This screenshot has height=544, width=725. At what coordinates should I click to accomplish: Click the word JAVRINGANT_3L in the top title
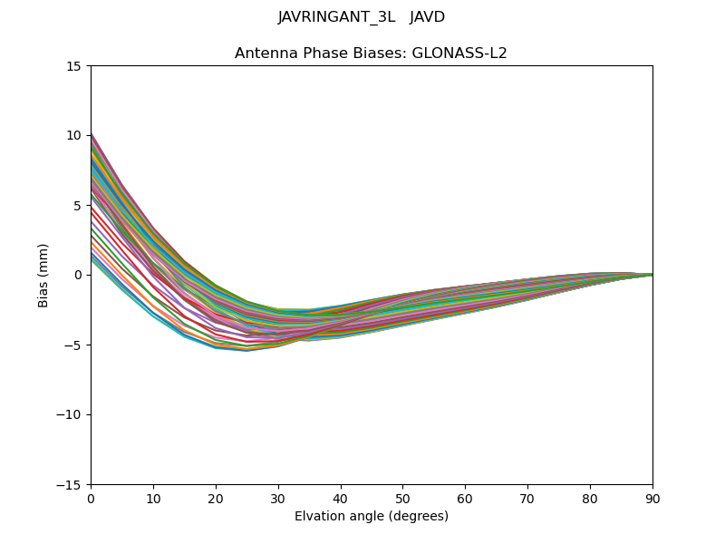pyautogui.click(x=336, y=17)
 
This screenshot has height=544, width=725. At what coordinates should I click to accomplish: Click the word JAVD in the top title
pyautogui.click(x=428, y=17)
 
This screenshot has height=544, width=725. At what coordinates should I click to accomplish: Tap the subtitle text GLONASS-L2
pyautogui.click(x=459, y=53)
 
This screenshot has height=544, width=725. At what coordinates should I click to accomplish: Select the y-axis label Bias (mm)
pyautogui.click(x=43, y=275)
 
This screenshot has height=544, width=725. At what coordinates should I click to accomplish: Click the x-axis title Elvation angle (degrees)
pyautogui.click(x=372, y=517)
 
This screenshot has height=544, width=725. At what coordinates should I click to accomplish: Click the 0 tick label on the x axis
pyautogui.click(x=91, y=499)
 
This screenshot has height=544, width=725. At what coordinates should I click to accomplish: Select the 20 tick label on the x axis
pyautogui.click(x=216, y=499)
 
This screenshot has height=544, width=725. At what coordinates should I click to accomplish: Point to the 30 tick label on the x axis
pyautogui.click(x=278, y=499)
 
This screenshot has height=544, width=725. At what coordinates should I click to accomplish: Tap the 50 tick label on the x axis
pyautogui.click(x=402, y=499)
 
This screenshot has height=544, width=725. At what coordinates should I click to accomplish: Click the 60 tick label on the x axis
pyautogui.click(x=465, y=499)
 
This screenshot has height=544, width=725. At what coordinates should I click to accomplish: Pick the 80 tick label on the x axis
pyautogui.click(x=590, y=499)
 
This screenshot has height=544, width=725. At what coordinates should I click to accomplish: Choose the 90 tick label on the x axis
pyautogui.click(x=652, y=499)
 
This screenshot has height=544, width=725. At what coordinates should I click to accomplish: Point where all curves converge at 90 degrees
pyautogui.click(x=652, y=275)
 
